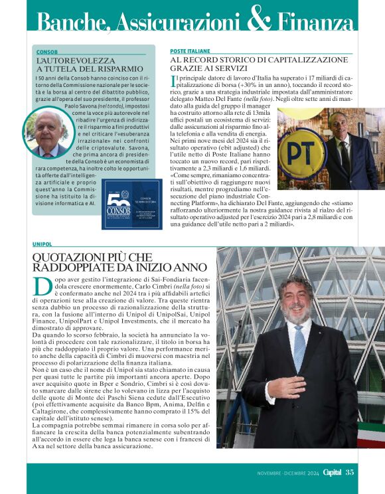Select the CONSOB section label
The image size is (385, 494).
[46, 51]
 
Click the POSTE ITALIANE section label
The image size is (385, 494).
[190, 50]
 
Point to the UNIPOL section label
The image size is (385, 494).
[42, 244]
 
